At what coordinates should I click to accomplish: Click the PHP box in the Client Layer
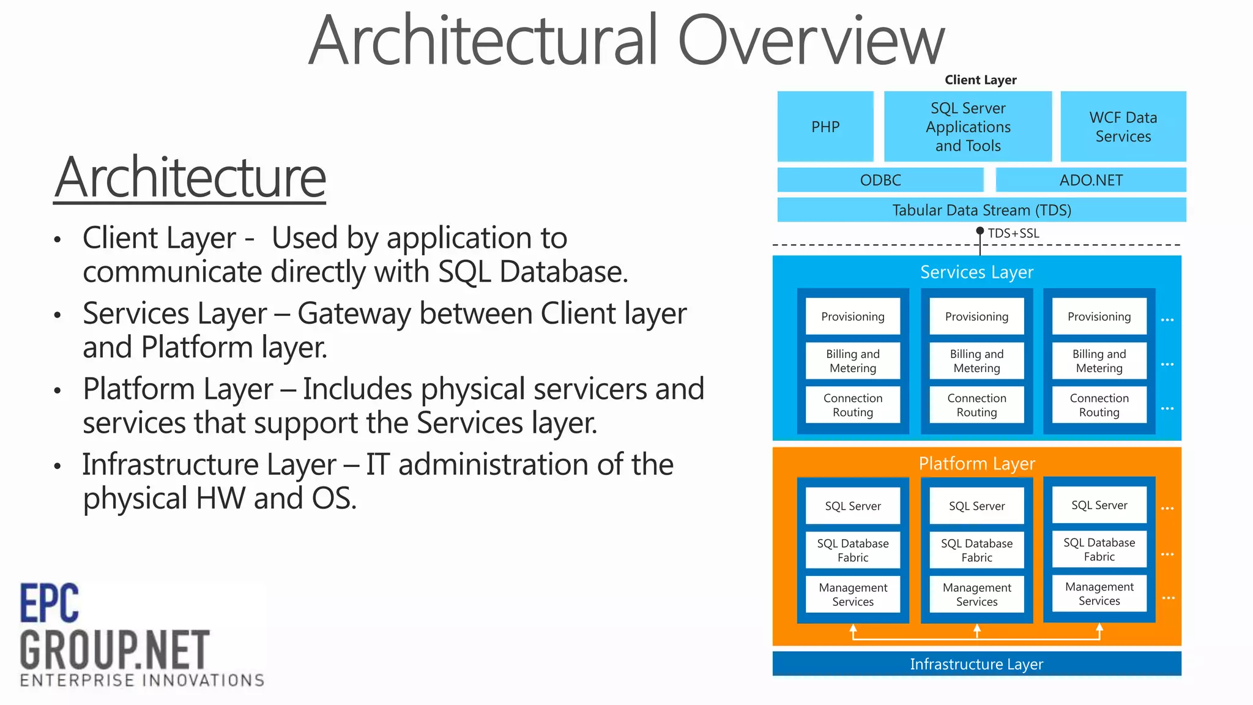825,127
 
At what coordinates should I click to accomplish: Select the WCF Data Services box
1123,127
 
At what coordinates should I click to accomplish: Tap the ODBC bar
880,180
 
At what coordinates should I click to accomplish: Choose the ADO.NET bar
1091,180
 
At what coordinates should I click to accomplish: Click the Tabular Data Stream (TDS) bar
981,210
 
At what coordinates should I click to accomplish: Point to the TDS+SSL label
1013,233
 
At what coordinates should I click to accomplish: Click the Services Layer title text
976,272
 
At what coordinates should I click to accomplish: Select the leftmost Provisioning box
853,316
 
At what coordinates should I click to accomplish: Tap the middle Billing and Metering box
976,360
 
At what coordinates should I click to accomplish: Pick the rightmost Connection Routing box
1099,405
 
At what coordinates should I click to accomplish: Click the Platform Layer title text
976,463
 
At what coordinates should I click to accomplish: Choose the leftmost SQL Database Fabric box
853,550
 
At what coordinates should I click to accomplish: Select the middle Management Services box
976,594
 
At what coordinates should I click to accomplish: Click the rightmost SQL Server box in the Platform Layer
1099,505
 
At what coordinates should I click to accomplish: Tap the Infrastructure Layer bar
976,664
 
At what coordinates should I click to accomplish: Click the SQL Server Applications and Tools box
968,127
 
